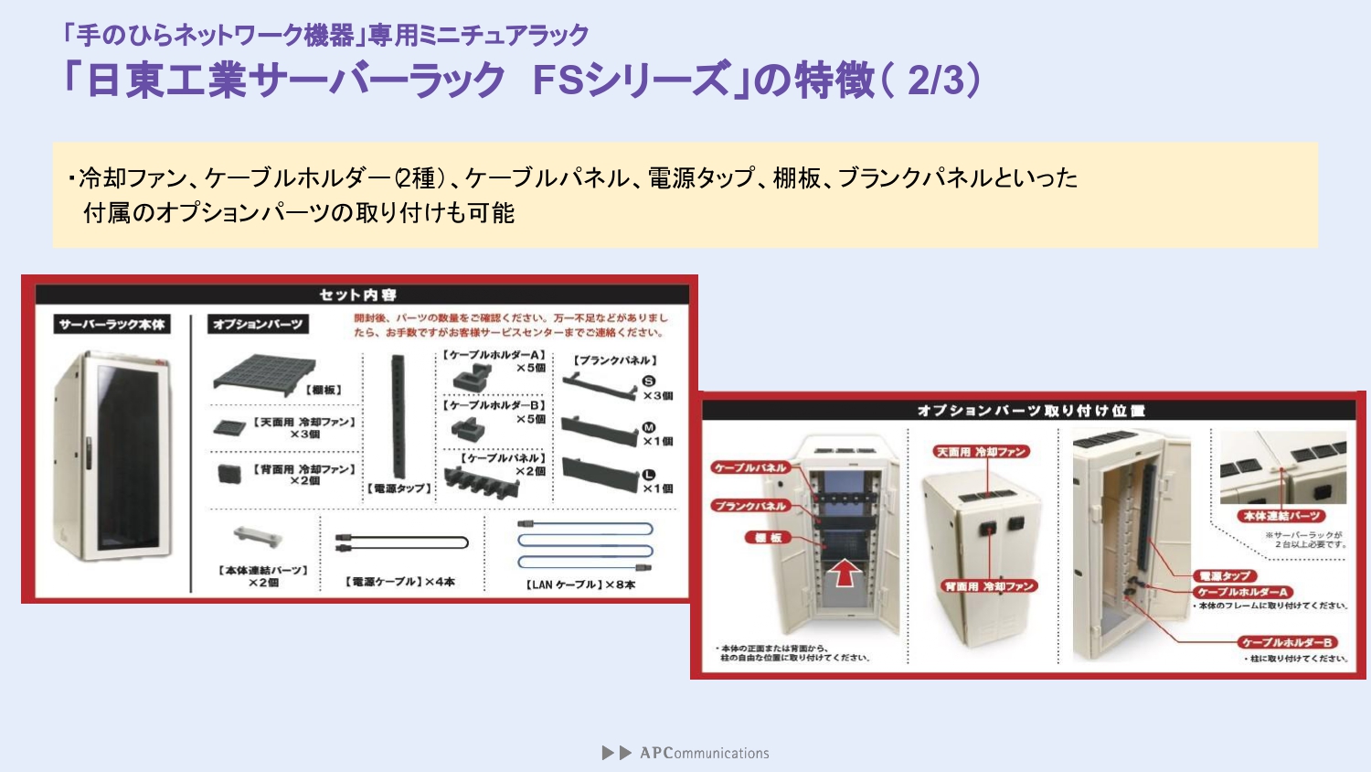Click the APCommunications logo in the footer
tap(685, 753)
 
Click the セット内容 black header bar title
tap(357, 295)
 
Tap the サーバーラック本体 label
tap(112, 324)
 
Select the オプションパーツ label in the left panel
tap(257, 324)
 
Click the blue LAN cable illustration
tap(585, 545)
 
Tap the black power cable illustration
tap(401, 543)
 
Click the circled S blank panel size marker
tap(649, 381)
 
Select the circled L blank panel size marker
tap(649, 475)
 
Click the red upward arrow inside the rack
tap(845, 573)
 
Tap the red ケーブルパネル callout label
tap(749, 467)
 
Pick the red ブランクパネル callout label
tap(750, 506)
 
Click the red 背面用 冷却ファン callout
tap(990, 586)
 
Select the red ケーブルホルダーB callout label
tap(1287, 642)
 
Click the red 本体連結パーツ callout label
tap(1281, 516)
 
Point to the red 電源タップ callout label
tap(1225, 575)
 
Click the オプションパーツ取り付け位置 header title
tap(1030, 411)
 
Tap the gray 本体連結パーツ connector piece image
tap(258, 536)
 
